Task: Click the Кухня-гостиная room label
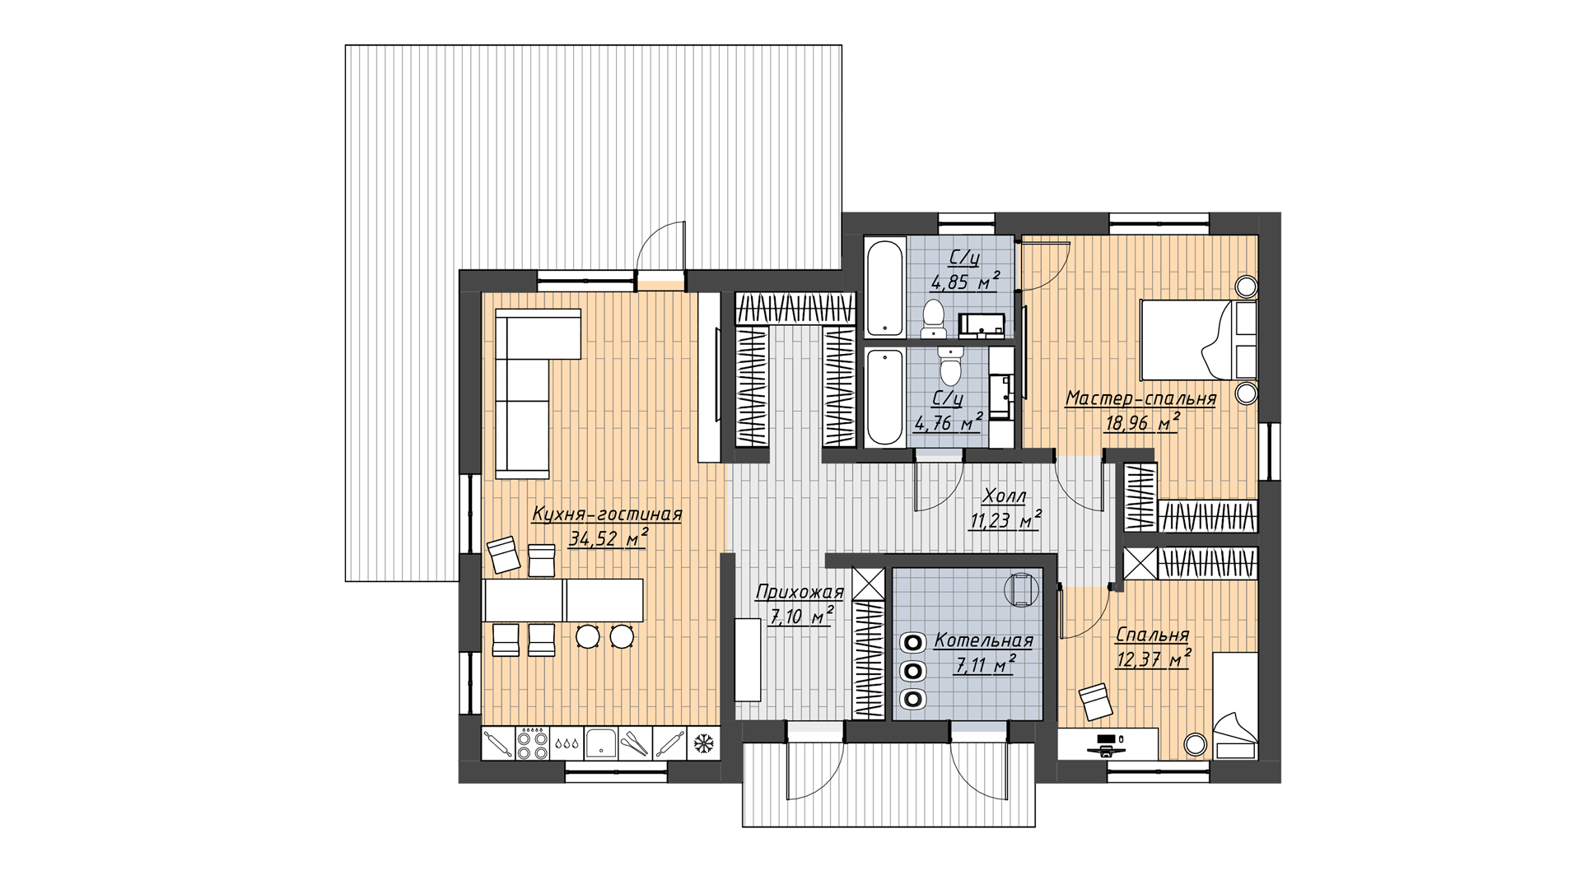pos(607,514)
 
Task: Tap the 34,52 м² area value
pos(608,539)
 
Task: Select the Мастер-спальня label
pos(1140,399)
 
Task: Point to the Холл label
pos(1005,496)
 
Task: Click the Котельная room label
pos(983,641)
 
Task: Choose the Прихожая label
pos(800,592)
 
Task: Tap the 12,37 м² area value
pos(1153,659)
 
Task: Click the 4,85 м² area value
pos(964,282)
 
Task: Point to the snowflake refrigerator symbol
pos(703,744)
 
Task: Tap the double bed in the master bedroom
pos(1199,340)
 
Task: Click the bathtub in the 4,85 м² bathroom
pos(885,287)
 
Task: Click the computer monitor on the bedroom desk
pos(1106,738)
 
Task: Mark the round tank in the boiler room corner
pos(1020,589)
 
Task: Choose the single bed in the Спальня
pos(1234,705)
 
